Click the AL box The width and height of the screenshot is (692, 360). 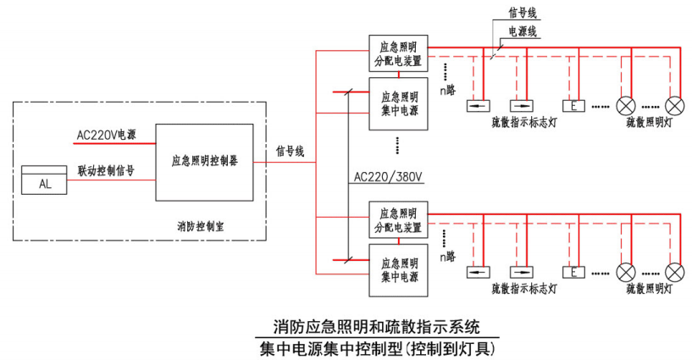coord(46,183)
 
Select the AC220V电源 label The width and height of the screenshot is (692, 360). coord(105,135)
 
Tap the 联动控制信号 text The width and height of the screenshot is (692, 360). coord(105,170)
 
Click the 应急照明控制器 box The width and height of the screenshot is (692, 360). coord(204,162)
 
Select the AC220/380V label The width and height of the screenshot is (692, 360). coord(387,177)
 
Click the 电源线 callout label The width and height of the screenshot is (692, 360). coord(522,31)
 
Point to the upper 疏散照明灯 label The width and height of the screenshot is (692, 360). coord(649,122)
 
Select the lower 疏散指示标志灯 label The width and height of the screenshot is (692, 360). coord(524,289)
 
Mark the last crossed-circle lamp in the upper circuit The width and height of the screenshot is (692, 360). coord(675,106)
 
